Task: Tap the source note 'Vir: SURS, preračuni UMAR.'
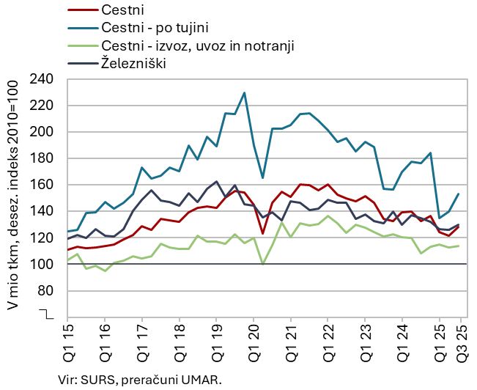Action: click(139, 380)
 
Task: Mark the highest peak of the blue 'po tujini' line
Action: click(244, 93)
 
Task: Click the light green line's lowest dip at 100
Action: click(263, 264)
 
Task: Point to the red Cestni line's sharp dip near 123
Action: click(263, 234)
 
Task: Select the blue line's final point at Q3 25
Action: click(458, 194)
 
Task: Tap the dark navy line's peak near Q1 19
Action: click(216, 182)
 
